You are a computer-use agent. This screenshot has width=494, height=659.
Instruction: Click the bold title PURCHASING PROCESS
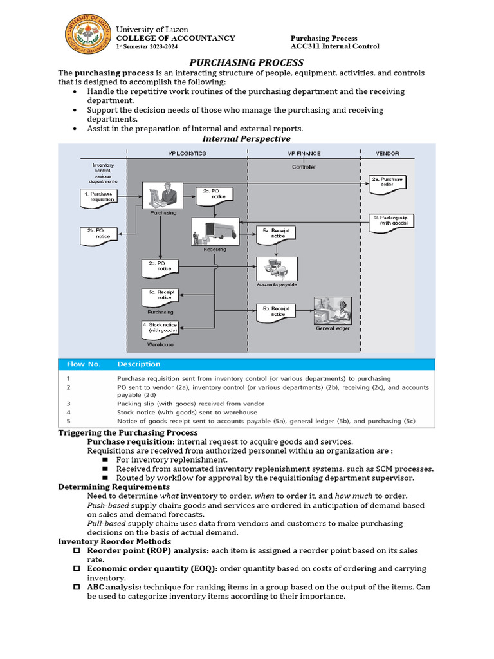246,62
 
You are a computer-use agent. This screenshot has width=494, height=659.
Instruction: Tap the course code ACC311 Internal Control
334,46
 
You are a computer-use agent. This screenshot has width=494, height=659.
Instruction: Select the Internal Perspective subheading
246,138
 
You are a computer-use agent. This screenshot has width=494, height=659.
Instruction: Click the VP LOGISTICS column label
187,154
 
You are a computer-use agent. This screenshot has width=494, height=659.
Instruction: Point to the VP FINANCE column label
304,154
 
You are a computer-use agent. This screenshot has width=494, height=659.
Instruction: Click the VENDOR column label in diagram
387,154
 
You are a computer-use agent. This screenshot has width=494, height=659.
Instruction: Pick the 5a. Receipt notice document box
276,234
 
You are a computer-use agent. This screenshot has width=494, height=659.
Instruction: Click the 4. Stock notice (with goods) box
160,329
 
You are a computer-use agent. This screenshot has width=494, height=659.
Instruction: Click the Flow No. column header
84,364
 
